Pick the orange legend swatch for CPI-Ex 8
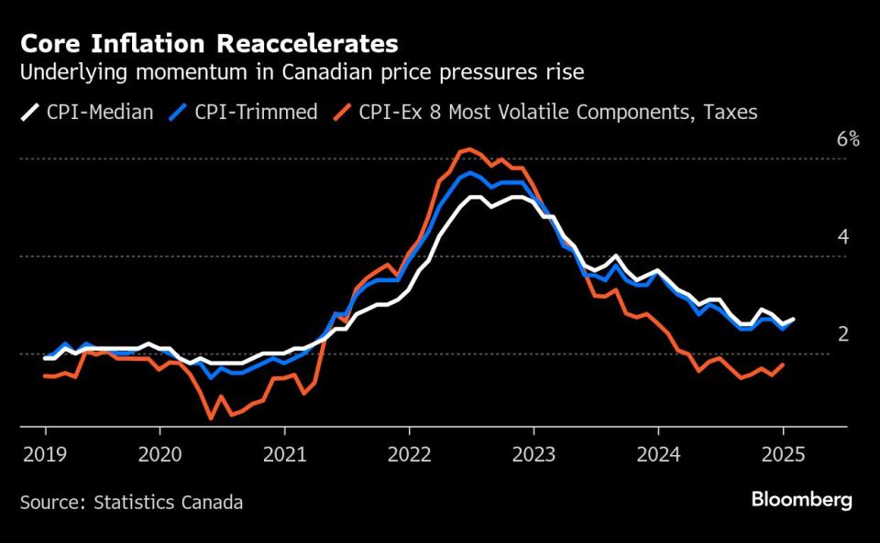342,113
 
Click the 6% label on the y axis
847,140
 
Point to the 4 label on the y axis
843,237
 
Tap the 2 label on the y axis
843,334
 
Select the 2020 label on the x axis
159,451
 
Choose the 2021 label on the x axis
284,451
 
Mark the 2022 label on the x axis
409,451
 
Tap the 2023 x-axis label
533,451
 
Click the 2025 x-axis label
783,451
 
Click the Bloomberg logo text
801,500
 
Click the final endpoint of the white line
794,319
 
